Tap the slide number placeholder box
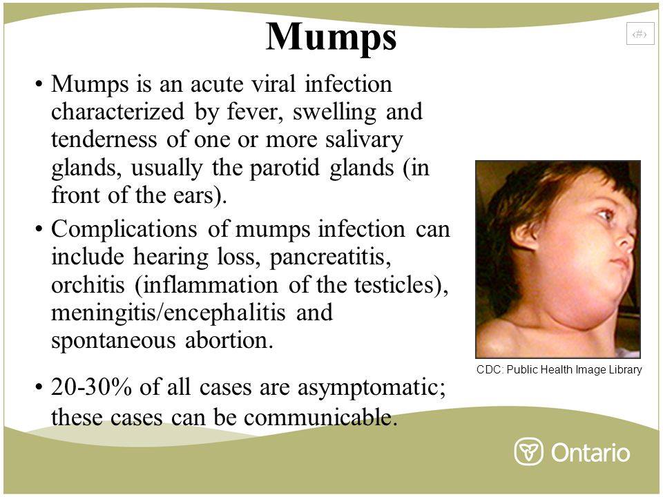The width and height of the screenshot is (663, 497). click(x=640, y=34)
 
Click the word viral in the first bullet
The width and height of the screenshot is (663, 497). click(x=273, y=84)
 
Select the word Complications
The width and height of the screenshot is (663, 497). click(x=124, y=230)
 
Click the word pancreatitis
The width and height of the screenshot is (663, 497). click(x=330, y=257)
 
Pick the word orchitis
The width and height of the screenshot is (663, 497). click(x=88, y=285)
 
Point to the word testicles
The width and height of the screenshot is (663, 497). click(x=394, y=285)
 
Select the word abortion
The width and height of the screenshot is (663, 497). click(x=229, y=340)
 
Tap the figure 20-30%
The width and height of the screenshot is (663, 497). click(x=91, y=387)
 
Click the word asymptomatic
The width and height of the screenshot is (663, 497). click(x=371, y=387)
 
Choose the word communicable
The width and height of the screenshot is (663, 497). click(x=320, y=418)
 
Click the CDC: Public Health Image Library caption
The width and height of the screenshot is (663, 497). click(x=559, y=370)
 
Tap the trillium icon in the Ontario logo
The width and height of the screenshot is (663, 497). click(x=528, y=451)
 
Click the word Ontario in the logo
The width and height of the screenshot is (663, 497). click(x=590, y=452)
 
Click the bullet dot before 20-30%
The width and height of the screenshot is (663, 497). click(x=39, y=387)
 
